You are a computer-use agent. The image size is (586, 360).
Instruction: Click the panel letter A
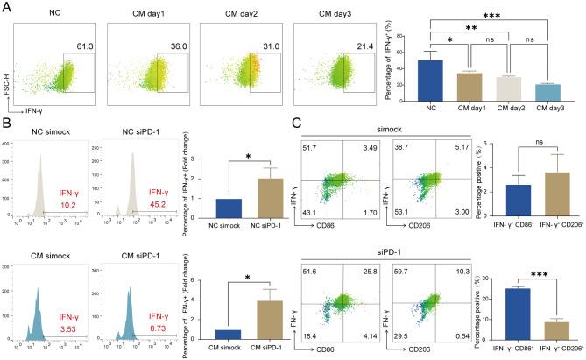pyautogui.click(x=7, y=7)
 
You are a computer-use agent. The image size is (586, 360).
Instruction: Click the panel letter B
pyautogui.click(x=7, y=124)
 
